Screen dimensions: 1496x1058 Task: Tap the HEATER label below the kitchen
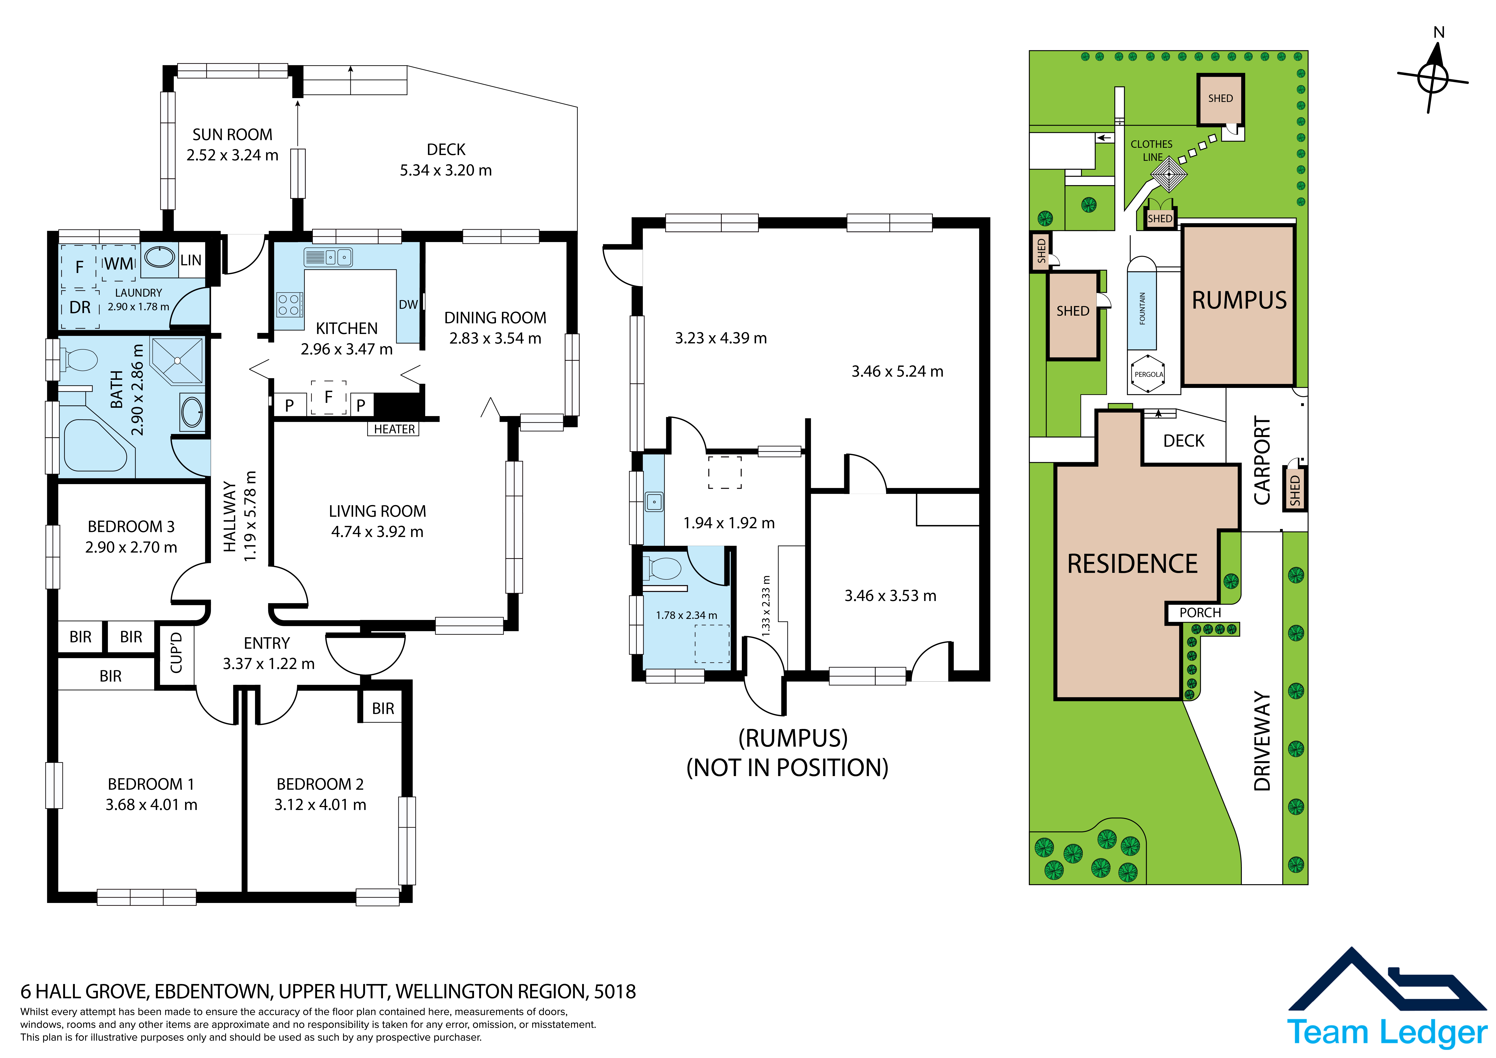click(394, 429)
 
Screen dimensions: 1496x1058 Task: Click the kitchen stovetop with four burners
click(289, 304)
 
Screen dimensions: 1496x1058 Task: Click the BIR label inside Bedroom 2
click(383, 709)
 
